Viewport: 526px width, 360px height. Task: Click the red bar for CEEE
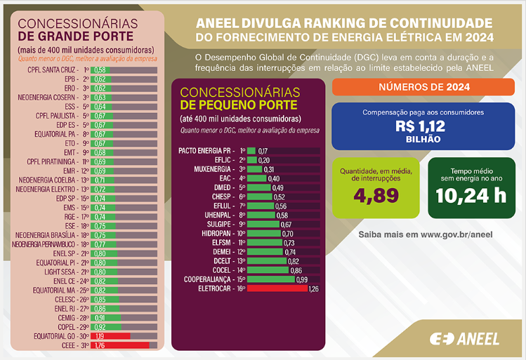click(x=121, y=345)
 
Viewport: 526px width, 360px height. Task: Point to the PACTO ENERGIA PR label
click(x=205, y=151)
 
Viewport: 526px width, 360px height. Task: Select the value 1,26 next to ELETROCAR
click(x=313, y=288)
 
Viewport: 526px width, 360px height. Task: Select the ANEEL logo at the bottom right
click(x=464, y=338)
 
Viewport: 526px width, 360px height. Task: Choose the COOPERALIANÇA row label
click(x=208, y=279)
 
